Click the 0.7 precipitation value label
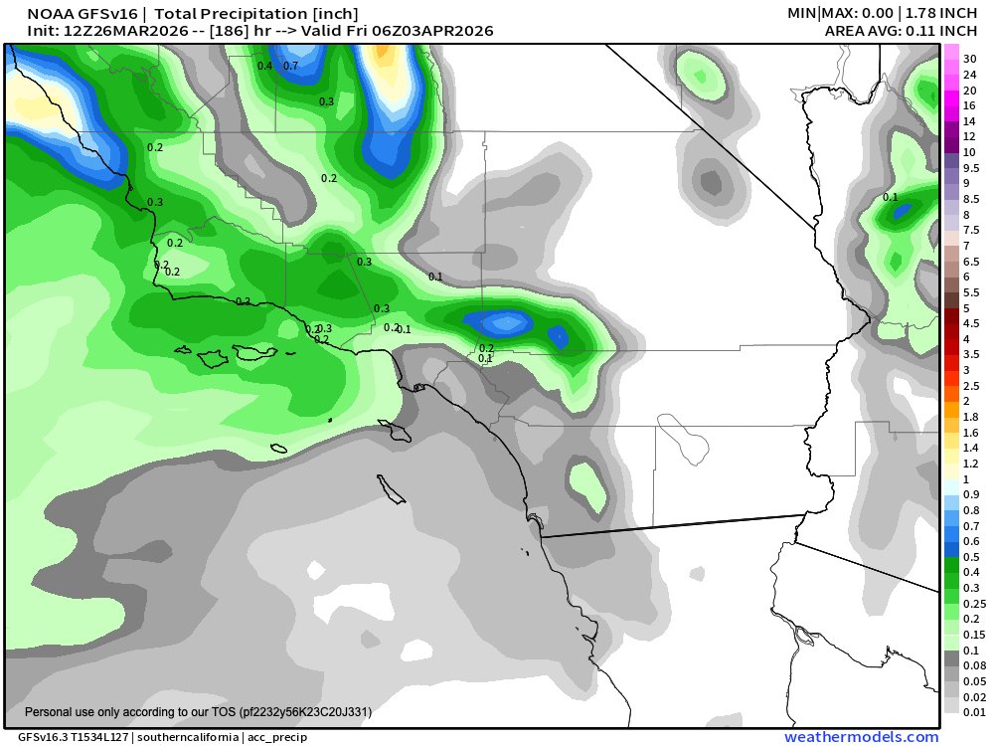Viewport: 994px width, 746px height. coord(291,66)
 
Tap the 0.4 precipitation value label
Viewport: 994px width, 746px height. coord(264,66)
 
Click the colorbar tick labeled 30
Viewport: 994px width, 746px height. coord(969,59)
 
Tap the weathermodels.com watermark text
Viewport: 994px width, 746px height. coord(861,737)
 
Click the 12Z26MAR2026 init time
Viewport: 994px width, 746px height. coord(103,31)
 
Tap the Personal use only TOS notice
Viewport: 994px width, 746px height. coord(198,712)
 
